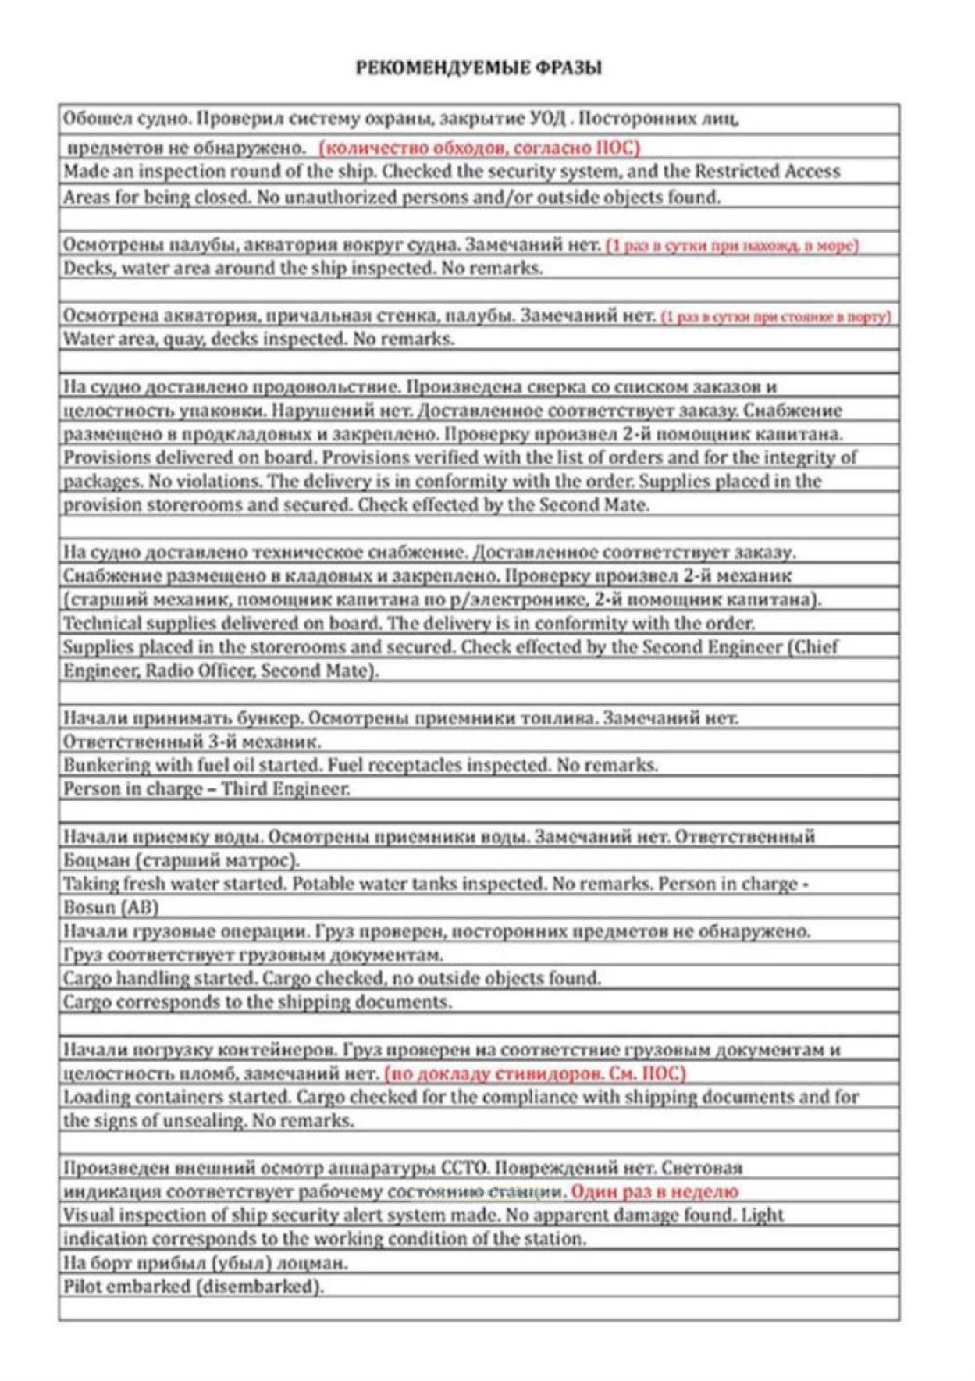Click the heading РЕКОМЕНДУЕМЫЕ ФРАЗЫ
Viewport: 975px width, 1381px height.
tap(479, 68)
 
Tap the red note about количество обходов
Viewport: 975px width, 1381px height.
tap(479, 148)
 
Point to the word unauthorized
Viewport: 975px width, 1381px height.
tap(348, 197)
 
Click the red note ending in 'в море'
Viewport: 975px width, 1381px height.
tap(732, 245)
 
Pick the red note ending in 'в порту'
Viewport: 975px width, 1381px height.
tap(776, 316)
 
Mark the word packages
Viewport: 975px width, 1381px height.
tap(94, 482)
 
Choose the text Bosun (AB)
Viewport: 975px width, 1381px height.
tap(111, 908)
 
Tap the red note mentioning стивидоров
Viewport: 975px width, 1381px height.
tap(535, 1073)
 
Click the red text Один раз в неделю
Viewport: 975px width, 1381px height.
tap(654, 1191)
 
